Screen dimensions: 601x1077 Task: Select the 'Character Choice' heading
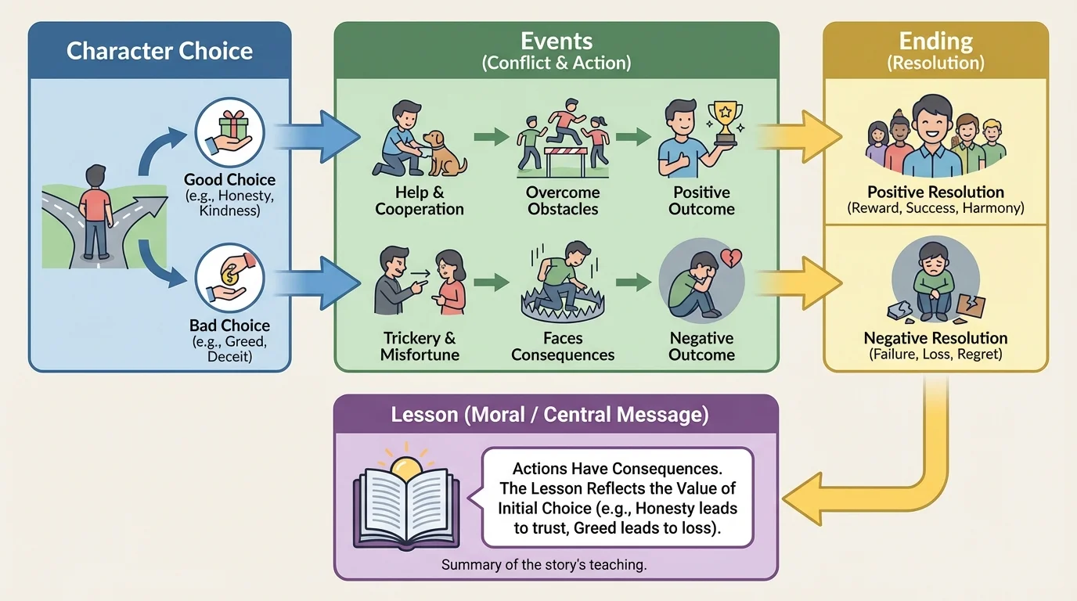[160, 51]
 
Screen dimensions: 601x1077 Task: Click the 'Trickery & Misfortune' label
[420, 346]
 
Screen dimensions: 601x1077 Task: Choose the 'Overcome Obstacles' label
[563, 200]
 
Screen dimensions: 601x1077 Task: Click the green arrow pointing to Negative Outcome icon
[634, 283]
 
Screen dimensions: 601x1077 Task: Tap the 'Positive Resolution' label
[935, 192]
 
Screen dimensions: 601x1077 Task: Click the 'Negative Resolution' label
[935, 338]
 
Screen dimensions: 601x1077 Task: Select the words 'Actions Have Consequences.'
[618, 469]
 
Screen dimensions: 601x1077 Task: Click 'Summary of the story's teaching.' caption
[544, 564]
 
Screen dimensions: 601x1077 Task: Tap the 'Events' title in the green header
[557, 41]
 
